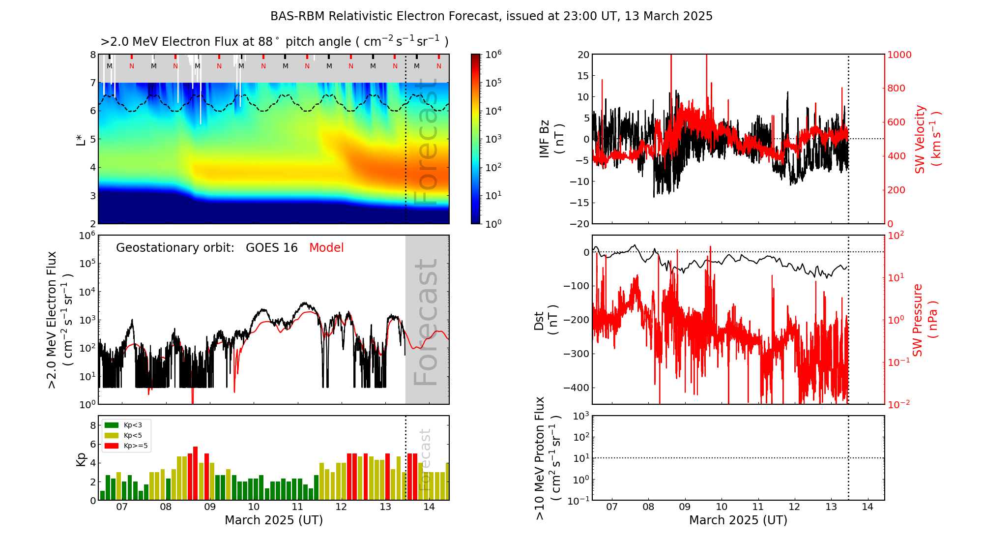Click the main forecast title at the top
491,16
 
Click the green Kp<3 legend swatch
112,425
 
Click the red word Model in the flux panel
326,248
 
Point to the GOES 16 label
272,248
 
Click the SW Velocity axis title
927,139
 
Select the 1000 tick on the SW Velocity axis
899,55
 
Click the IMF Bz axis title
551,139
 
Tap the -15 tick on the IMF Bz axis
580,203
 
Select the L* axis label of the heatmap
81,139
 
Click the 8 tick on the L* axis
92,55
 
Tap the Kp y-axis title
81,459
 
